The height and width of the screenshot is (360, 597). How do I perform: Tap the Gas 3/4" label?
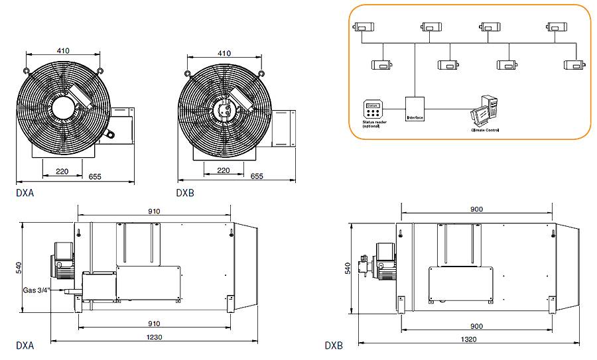point(36,290)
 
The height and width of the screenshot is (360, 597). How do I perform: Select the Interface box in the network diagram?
point(415,109)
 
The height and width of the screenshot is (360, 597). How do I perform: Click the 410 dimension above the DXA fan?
point(62,50)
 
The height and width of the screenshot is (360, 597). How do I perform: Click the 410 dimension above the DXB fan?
point(224,53)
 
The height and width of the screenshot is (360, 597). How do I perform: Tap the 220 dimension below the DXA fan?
point(62,171)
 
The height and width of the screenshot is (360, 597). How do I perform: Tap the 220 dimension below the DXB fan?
point(224,170)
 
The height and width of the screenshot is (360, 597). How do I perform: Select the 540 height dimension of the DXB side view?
point(347,268)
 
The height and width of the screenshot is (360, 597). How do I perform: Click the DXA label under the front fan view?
point(24,194)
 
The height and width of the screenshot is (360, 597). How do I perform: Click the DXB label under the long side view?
point(334,345)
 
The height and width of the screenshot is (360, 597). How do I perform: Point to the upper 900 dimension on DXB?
point(476,209)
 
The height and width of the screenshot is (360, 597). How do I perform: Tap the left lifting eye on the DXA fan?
point(26,70)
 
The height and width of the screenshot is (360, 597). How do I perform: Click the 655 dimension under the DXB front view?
point(256,176)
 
